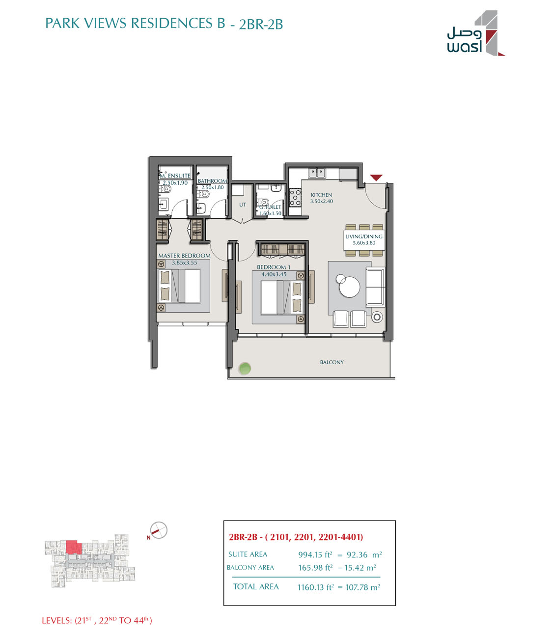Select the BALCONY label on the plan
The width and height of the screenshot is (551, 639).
click(331, 362)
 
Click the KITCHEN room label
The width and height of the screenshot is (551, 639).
click(321, 195)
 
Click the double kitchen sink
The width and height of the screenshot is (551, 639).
click(317, 173)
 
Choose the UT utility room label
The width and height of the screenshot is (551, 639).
click(243, 204)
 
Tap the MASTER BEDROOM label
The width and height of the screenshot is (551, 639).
click(184, 256)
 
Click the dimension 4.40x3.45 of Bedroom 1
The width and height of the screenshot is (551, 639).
click(274, 274)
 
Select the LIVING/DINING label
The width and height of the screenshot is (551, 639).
click(364, 236)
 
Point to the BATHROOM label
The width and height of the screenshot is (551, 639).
click(212, 181)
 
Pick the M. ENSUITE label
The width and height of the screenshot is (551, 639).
click(175, 175)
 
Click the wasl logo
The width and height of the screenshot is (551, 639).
click(476, 33)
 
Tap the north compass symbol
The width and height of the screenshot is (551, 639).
click(159, 530)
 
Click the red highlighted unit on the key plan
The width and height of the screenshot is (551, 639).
click(74, 547)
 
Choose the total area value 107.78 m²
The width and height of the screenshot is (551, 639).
click(362, 587)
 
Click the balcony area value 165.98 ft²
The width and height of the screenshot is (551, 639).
click(315, 568)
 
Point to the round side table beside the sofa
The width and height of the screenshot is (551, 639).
click(377, 317)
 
